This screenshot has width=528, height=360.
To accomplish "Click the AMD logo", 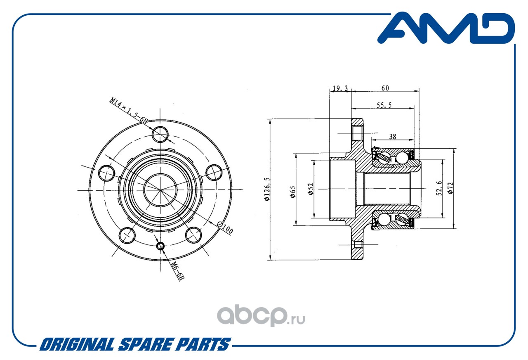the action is [x=446, y=28].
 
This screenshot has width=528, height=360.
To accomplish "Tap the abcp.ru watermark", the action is [x=261, y=316].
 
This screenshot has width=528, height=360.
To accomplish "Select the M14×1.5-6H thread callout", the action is [x=128, y=110].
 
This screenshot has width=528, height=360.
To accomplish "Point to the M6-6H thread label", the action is [x=177, y=271].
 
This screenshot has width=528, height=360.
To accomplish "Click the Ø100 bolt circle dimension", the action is [x=225, y=227].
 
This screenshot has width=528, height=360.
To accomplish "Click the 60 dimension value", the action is [x=385, y=88].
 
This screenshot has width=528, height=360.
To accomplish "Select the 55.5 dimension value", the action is [x=384, y=105].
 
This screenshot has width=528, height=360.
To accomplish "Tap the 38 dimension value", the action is [x=392, y=136].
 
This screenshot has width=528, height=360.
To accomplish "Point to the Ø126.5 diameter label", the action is [x=266, y=189].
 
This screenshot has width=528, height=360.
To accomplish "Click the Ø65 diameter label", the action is [x=292, y=192].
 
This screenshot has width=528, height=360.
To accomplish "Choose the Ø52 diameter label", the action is [x=311, y=189].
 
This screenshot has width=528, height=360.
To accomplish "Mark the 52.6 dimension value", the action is [x=439, y=188].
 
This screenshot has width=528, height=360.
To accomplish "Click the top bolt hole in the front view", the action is [x=160, y=135].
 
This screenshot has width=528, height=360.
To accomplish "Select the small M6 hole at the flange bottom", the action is [x=160, y=246].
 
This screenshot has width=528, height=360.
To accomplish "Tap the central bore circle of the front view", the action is [x=160, y=190].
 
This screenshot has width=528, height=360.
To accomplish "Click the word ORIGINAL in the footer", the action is [x=77, y=344].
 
